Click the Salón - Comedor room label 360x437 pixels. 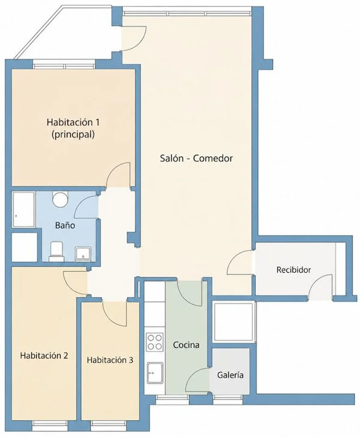click(196, 158)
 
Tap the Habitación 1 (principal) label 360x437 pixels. click(73, 128)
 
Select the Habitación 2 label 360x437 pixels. click(44, 356)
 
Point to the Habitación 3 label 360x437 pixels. click(110, 360)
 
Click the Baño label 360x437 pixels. click(65, 225)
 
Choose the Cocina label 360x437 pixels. click(186, 345)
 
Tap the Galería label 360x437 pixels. click(230, 375)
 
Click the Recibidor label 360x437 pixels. click(294, 270)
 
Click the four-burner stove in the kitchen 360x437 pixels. click(154, 342)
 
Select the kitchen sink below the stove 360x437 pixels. click(155, 373)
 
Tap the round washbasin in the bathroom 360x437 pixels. click(60, 199)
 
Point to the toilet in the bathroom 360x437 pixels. click(57, 252)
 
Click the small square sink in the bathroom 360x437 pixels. click(83, 254)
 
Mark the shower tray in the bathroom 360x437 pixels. click(24, 209)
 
